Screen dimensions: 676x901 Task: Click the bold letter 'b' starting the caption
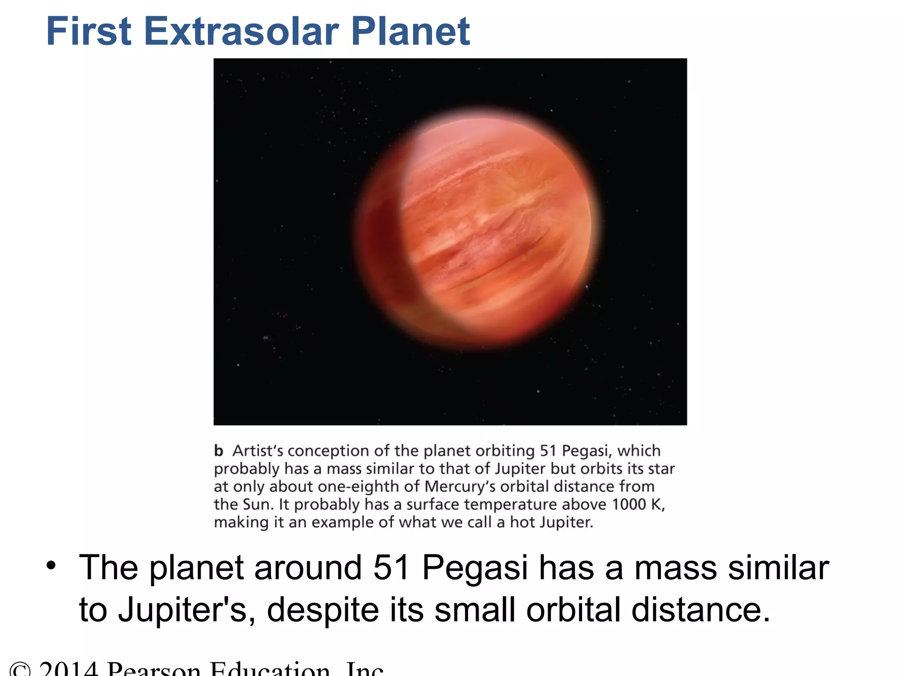(219, 451)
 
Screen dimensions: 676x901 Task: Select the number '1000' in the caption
(629, 504)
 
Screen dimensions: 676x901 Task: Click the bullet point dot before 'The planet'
(51, 565)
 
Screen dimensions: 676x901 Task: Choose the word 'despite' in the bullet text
(322, 610)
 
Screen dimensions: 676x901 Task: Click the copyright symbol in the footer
(20, 670)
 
